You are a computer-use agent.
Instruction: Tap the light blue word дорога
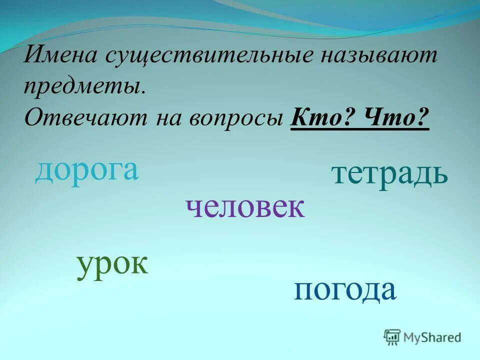[x=86, y=171]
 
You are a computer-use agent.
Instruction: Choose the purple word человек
[x=244, y=207]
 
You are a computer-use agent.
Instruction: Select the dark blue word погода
[x=345, y=290]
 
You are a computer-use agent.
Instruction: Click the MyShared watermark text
[x=433, y=337]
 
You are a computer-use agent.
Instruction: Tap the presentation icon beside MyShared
[x=392, y=337]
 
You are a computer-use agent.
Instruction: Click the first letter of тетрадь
[x=339, y=175]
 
